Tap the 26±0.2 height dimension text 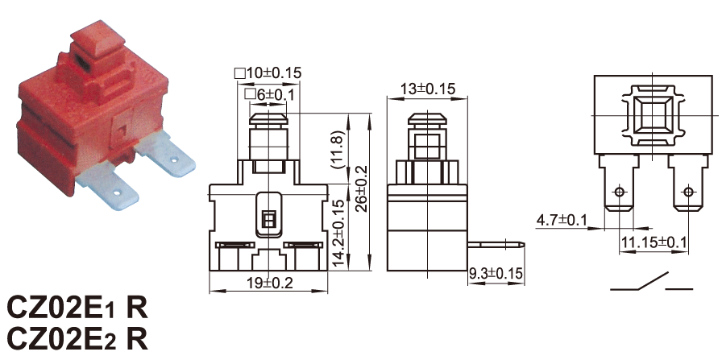[363, 188]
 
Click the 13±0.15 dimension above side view [427, 89]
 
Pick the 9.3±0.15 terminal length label [496, 274]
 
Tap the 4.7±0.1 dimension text [562, 221]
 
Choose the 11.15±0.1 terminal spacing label [654, 242]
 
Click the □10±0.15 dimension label [268, 72]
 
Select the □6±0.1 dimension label [269, 94]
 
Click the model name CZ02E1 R [77, 308]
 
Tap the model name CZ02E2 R [77, 340]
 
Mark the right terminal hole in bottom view [688, 191]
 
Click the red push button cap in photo [98, 40]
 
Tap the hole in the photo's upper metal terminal [174, 160]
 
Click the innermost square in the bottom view [652, 114]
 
